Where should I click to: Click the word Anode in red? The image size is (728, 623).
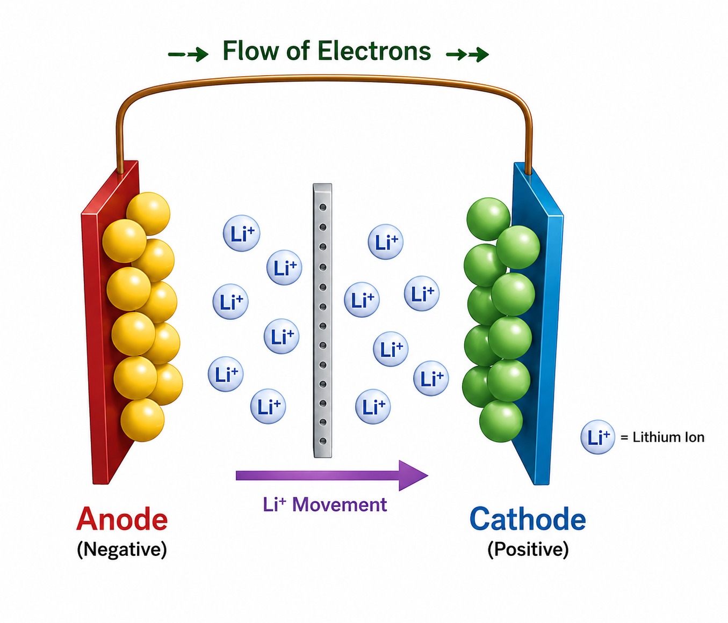[x=122, y=519]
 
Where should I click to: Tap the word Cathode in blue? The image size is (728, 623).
[x=528, y=519]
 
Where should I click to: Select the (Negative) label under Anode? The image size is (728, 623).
[x=122, y=549]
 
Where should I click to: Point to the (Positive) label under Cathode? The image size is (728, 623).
[x=528, y=549]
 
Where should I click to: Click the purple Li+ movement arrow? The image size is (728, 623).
[x=332, y=475]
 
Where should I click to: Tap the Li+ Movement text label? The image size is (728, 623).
[x=325, y=504]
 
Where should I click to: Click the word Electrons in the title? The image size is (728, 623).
[x=374, y=51]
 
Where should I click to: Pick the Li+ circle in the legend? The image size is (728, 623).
[x=597, y=437]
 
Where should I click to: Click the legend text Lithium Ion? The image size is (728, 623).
[x=668, y=437]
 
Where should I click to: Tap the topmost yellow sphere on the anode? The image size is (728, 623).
[x=148, y=213]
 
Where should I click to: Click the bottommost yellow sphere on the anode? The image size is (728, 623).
[x=142, y=420]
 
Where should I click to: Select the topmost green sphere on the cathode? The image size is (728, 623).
[x=488, y=219]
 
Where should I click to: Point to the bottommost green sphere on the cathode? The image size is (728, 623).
[x=501, y=421]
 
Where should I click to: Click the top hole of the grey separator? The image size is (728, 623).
[x=322, y=207]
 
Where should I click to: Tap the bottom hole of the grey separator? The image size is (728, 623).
[x=322, y=441]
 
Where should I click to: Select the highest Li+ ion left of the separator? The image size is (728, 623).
[x=242, y=233]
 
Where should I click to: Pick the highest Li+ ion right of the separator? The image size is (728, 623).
[x=386, y=241]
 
